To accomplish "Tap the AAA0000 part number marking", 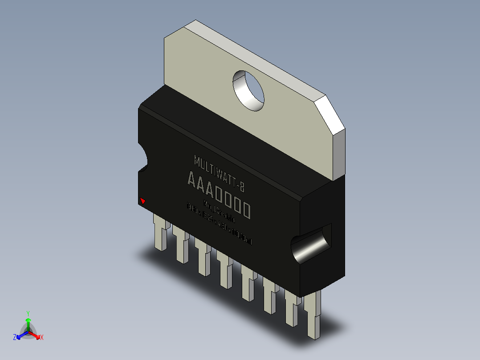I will click(x=218, y=194).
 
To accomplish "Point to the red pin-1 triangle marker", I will click(x=142, y=201).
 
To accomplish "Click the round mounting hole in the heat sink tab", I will click(x=249, y=90).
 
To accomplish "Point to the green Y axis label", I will click(x=28, y=313).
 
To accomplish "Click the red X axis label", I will click(x=42, y=338).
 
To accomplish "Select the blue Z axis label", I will click(x=15, y=338).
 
